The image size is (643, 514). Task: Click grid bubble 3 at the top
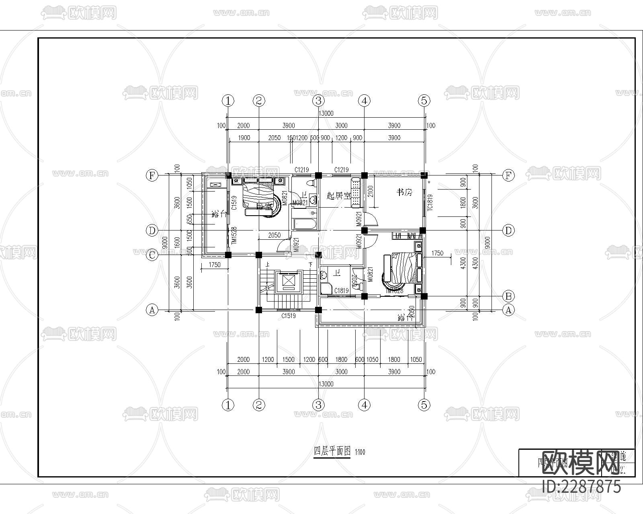click(318, 100)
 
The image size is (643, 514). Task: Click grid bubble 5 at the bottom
click(424, 405)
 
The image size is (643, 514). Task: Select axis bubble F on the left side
click(152, 175)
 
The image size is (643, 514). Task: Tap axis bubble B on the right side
click(508, 296)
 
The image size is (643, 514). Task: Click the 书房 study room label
click(404, 193)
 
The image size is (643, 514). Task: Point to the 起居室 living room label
click(338, 196)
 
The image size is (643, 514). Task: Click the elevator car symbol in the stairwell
click(289, 281)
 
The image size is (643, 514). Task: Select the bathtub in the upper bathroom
click(304, 224)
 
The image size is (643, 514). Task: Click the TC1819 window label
click(430, 202)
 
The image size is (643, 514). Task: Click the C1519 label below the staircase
click(288, 316)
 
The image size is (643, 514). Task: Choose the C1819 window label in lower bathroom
click(341, 291)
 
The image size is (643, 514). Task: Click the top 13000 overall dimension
click(326, 113)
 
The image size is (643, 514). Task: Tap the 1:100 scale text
click(360, 452)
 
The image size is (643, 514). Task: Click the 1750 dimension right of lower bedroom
click(437, 253)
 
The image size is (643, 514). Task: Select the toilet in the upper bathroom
click(310, 184)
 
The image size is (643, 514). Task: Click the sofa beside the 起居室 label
click(356, 193)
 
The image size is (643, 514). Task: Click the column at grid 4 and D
click(364, 230)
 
